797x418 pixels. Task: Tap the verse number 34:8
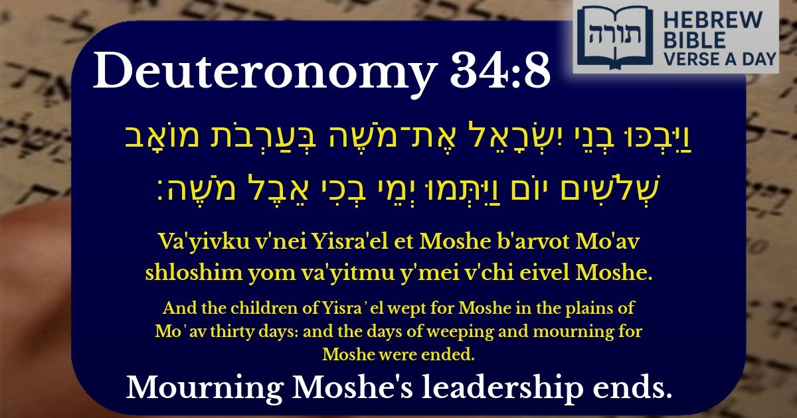coord(503,72)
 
